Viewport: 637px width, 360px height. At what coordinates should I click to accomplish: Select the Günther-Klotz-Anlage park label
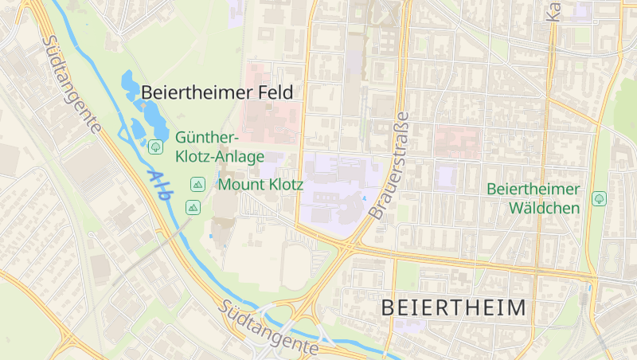pos(219,147)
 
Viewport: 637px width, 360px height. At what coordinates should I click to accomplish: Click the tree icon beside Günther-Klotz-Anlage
pos(155,146)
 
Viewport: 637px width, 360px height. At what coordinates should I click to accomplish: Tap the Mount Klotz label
pos(260,185)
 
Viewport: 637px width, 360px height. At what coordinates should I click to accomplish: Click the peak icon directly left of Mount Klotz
pos(197,185)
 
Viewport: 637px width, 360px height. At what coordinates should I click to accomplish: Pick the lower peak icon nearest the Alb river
pos(192,207)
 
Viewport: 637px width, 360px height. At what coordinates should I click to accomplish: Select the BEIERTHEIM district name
pos(454,307)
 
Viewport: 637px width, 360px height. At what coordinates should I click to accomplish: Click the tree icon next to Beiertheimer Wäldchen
pos(599,198)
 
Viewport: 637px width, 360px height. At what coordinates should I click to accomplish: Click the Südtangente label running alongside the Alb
pos(72,84)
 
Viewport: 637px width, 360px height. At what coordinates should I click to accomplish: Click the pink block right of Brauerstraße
pos(457,141)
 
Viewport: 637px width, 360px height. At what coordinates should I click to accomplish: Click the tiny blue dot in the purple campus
pos(365,198)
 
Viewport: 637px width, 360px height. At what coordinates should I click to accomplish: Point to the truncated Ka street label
pos(552,10)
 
